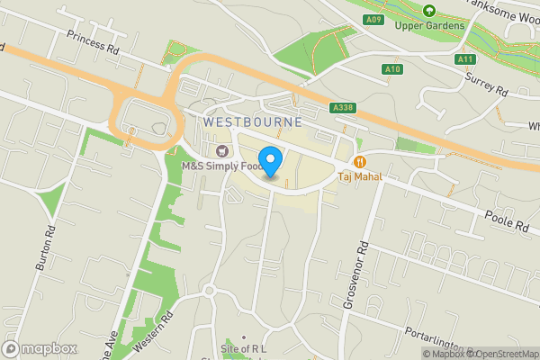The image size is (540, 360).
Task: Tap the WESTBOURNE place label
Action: pyautogui.click(x=252, y=121)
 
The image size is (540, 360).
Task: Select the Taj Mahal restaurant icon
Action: pyautogui.click(x=360, y=162)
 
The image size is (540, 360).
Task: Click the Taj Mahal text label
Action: pyautogui.click(x=360, y=176)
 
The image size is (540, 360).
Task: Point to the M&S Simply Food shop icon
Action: pyautogui.click(x=222, y=149)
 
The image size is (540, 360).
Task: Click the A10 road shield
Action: pyautogui.click(x=391, y=68)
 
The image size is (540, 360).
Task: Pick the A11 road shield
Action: pyautogui.click(x=464, y=59)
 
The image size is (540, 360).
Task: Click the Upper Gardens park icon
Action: pyautogui.click(x=429, y=11)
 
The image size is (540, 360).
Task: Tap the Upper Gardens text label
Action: pyautogui.click(x=430, y=25)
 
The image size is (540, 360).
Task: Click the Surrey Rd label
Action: pyautogui.click(x=487, y=85)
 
